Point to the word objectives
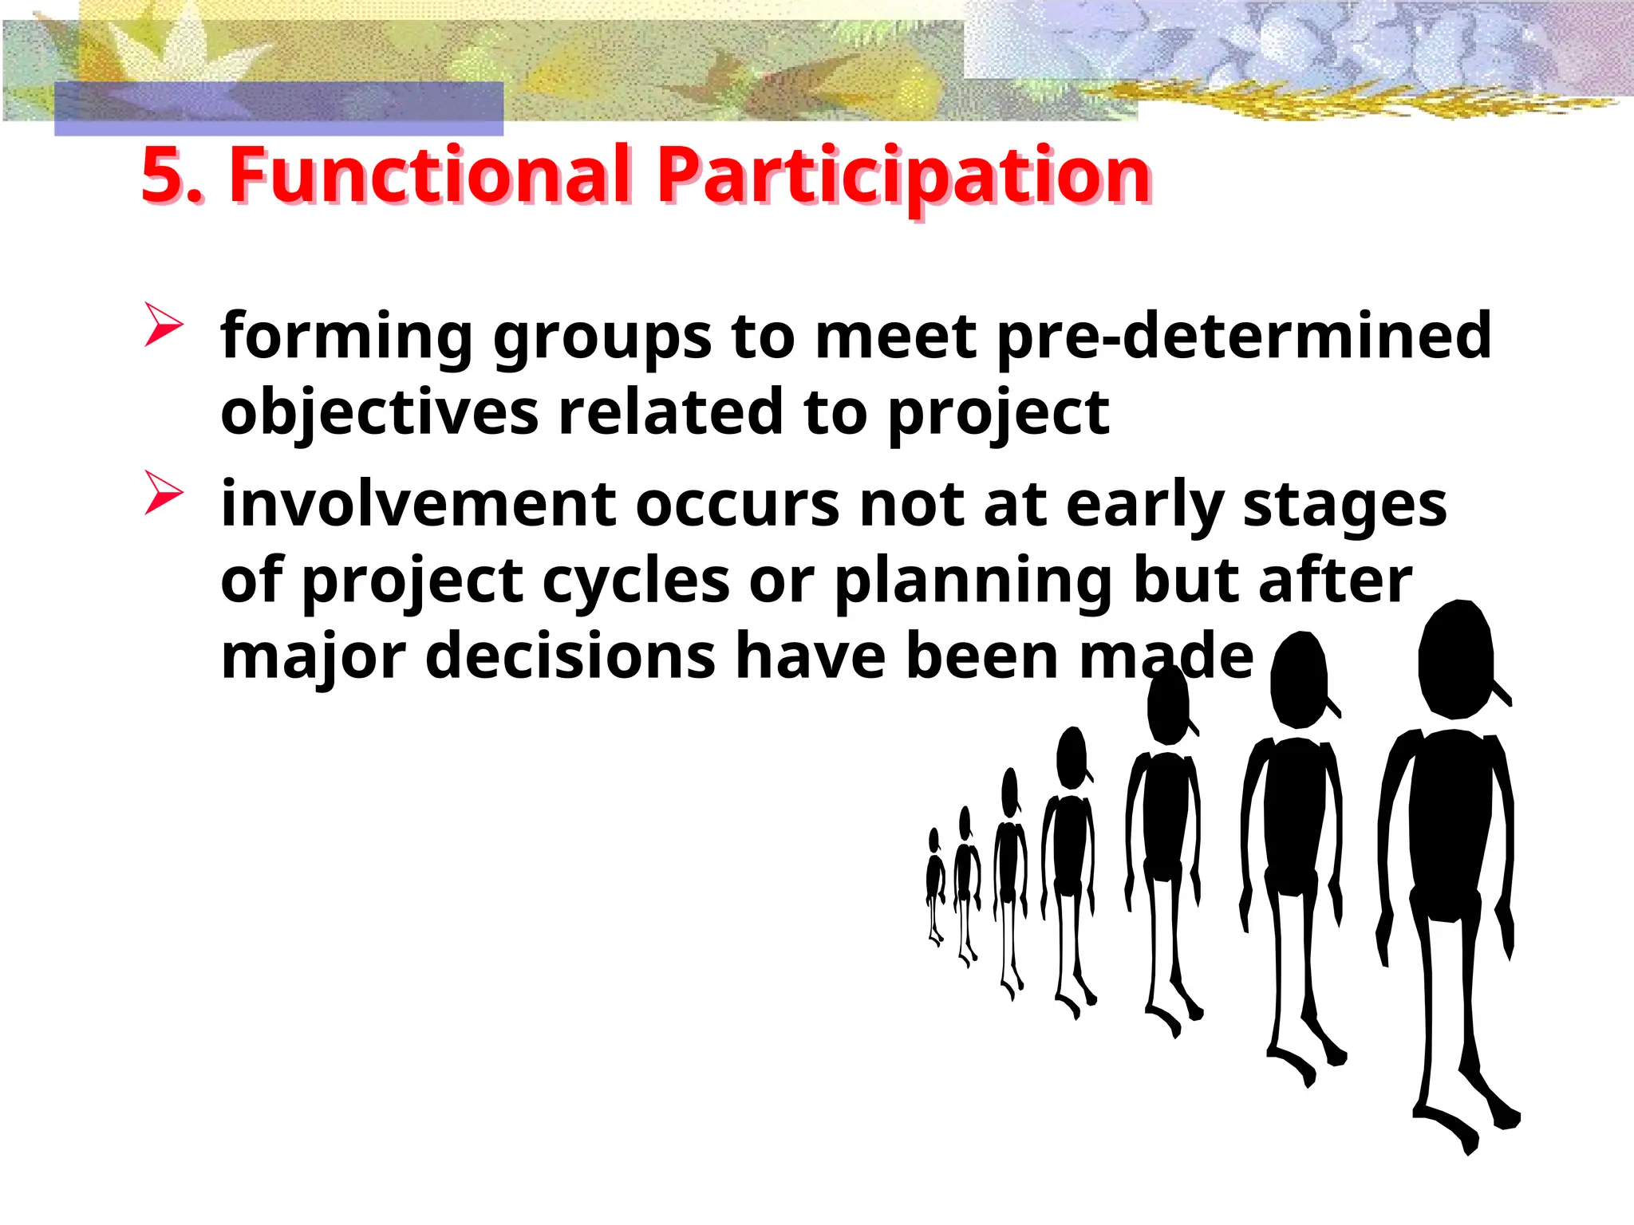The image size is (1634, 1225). click(379, 413)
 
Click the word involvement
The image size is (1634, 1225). click(418, 504)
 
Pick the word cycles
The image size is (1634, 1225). click(636, 581)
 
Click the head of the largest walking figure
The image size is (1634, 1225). click(1455, 659)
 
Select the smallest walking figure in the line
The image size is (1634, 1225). click(935, 885)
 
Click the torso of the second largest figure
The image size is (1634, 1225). click(1297, 813)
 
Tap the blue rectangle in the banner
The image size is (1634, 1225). click(278, 108)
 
